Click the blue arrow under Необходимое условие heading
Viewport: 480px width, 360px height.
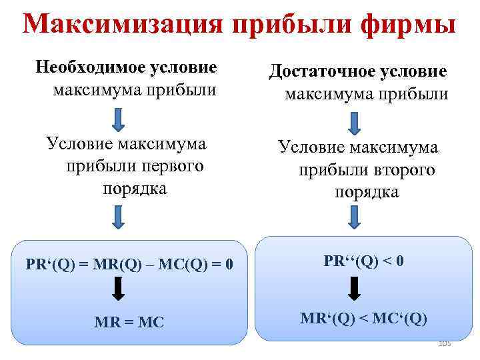point(118,118)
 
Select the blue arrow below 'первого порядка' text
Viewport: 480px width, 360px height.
point(118,217)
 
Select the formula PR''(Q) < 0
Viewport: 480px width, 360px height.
point(364,261)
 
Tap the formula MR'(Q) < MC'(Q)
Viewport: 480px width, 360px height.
point(363,319)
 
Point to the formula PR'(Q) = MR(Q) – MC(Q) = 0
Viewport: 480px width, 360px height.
point(129,264)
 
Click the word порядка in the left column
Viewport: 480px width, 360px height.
point(135,189)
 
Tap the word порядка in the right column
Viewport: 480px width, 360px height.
point(367,193)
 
